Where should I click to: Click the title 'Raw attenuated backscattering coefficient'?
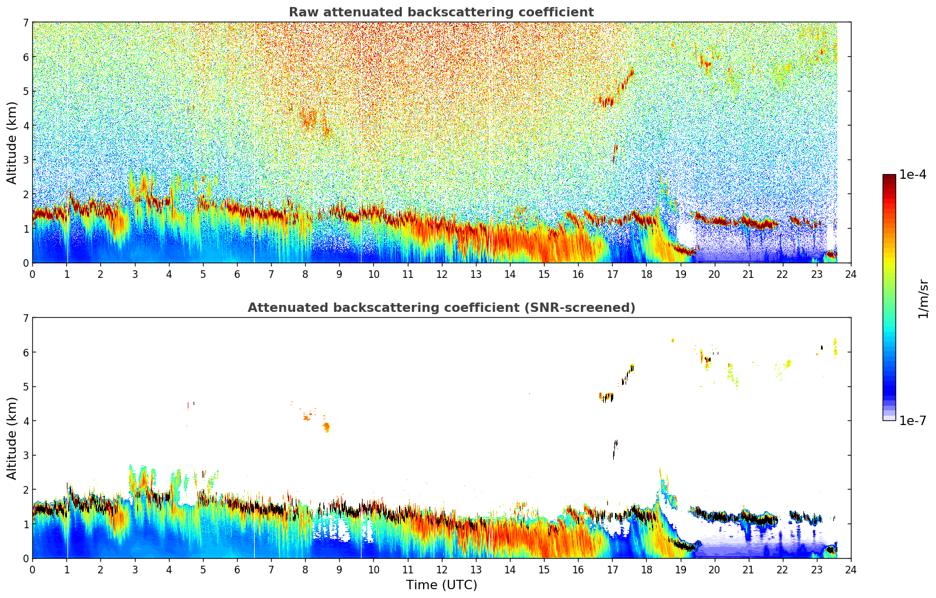coord(441,12)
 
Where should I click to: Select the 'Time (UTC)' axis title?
coord(441,585)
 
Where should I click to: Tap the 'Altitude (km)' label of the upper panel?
coord(12,142)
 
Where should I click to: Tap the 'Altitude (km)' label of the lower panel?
coord(12,438)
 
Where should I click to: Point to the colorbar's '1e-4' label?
coord(913,175)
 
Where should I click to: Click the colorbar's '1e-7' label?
coord(913,420)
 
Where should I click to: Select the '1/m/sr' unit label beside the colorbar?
coord(923,298)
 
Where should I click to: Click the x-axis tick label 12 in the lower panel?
coord(441,570)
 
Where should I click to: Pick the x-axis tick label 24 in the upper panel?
coord(851,274)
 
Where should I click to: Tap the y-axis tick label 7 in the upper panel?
coord(25,23)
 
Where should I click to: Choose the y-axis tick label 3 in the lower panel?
coord(25,455)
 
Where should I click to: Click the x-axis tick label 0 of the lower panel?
coord(32,570)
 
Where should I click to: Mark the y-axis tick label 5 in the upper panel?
coord(25,91)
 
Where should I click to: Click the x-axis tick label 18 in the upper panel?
coord(646,274)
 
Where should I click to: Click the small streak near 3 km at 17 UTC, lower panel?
coord(615,448)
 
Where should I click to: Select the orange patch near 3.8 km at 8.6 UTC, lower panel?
coord(326,427)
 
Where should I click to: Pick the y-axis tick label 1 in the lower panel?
coord(25,524)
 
